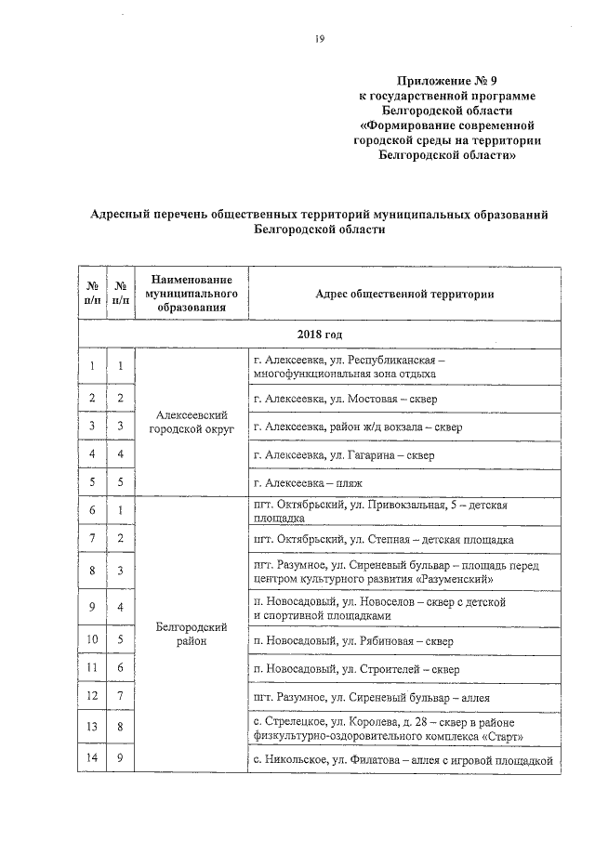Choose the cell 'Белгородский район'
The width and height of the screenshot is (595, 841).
[192, 635]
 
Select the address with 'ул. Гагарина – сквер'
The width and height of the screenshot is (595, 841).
[343, 455]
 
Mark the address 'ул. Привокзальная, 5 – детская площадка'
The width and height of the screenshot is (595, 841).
[385, 510]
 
